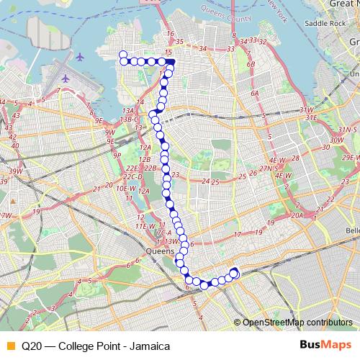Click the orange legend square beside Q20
(10, 346)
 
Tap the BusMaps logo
(320, 345)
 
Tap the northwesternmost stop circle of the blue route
(122, 54)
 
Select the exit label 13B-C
(130, 119)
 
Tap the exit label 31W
(307, 109)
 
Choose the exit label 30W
(336, 140)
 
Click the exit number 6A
(254, 94)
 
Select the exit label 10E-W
(126, 188)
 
